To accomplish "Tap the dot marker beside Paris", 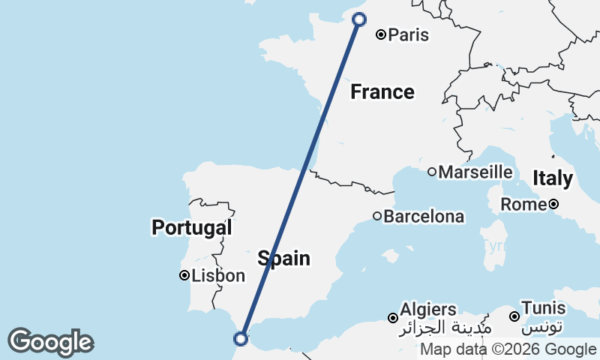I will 381,34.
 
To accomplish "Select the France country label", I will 382,92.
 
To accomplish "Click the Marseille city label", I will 475,172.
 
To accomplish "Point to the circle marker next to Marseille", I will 432,172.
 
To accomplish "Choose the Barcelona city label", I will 424,217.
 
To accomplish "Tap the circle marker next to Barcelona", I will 377,217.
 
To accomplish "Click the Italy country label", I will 553,179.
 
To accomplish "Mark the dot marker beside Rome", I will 553,204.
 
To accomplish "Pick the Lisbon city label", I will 219,276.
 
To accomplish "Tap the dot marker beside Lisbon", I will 184,275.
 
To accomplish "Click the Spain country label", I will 283,259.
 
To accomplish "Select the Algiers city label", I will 428,310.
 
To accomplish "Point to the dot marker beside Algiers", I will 392,318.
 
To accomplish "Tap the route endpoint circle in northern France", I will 358,19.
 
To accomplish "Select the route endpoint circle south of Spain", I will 241,338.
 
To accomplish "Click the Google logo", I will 50,342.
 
